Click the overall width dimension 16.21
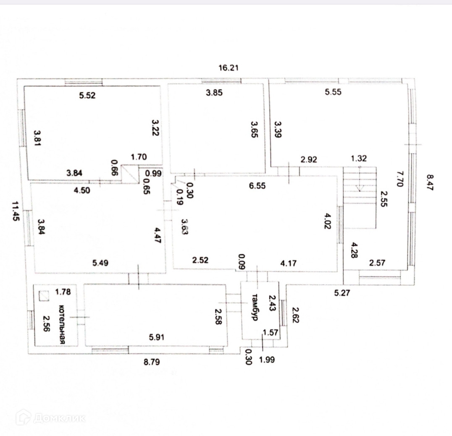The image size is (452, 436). (x=229, y=68)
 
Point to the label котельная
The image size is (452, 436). (x=62, y=324)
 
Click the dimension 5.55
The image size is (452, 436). (x=333, y=92)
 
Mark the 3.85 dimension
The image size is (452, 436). (x=214, y=93)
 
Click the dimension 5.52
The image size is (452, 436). (x=87, y=95)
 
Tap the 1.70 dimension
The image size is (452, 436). (x=139, y=158)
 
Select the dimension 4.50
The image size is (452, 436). (x=82, y=190)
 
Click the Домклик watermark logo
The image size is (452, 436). (x=50, y=418)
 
